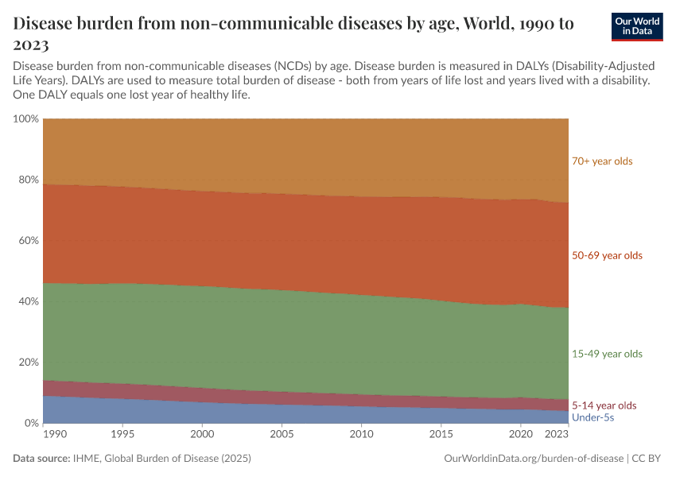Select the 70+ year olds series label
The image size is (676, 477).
pyautogui.click(x=601, y=161)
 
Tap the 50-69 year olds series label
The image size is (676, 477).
pyautogui.click(x=607, y=256)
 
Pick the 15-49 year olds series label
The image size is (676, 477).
pyautogui.click(x=607, y=354)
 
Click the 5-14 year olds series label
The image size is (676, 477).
pyautogui.click(x=604, y=405)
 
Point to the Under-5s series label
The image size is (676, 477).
pyautogui.click(x=592, y=417)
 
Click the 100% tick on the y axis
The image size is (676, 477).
pyautogui.click(x=25, y=119)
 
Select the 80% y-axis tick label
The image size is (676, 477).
pyautogui.click(x=28, y=180)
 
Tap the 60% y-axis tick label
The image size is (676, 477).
pyautogui.click(x=28, y=241)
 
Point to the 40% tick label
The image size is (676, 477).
pyautogui.click(x=28, y=301)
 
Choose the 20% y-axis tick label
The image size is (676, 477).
pyautogui.click(x=28, y=363)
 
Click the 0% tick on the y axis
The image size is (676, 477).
pyautogui.click(x=31, y=423)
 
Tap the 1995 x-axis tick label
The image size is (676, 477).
pyautogui.click(x=123, y=435)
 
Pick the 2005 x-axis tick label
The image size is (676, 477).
pyautogui.click(x=282, y=435)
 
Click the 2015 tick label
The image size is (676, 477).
pyautogui.click(x=441, y=435)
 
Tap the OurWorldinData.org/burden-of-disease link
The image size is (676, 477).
pyautogui.click(x=531, y=459)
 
